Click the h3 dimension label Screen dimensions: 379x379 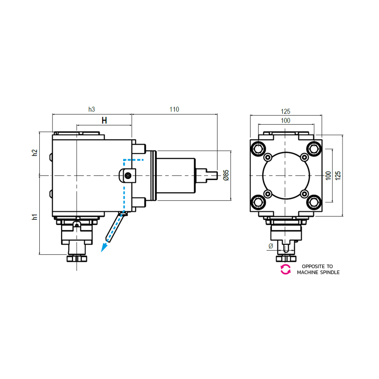[x=92, y=109]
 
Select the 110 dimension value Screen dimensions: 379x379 [x=174, y=109]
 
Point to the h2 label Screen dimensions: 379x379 [x=35, y=153]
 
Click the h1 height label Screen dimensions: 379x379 [x=35, y=217]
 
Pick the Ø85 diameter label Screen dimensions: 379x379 [x=226, y=175]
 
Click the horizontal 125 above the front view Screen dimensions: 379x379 [x=285, y=111]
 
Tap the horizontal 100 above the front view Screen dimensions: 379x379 [x=285, y=121]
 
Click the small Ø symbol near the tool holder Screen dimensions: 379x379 [x=271, y=246]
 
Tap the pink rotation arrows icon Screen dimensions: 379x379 [x=286, y=270]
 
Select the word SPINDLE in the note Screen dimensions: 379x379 [x=329, y=273]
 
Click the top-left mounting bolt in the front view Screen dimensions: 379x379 [x=258, y=148]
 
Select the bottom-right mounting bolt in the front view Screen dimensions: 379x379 [x=313, y=202]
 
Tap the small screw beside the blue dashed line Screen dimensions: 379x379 [x=128, y=176]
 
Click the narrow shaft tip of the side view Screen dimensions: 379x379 [x=212, y=175]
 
